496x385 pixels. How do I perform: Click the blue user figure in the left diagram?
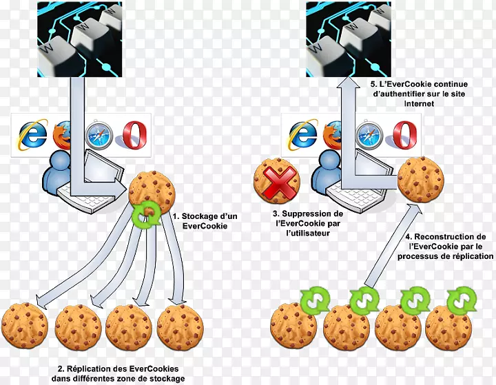tap(60, 172)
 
